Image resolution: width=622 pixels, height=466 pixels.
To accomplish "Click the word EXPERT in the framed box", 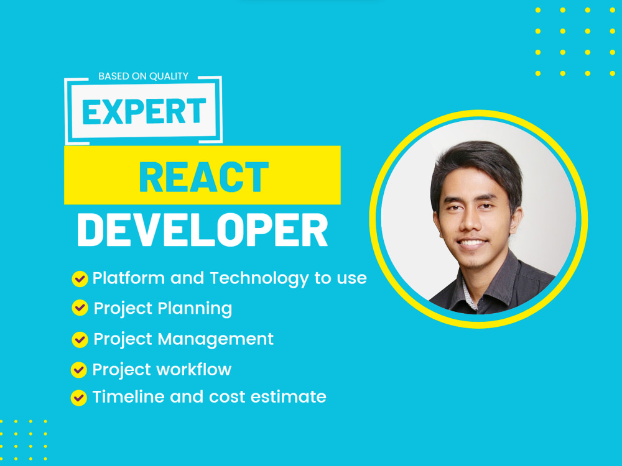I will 144,112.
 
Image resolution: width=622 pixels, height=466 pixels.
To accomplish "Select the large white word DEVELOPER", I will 202,231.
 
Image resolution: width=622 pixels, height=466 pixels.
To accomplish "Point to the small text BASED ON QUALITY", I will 143,76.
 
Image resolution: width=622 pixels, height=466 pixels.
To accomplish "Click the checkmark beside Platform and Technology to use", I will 80,279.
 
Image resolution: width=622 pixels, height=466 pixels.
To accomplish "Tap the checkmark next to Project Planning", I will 80,308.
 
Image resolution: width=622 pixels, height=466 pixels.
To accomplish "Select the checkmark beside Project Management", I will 80,339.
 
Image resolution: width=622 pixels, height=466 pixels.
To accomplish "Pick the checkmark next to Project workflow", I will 78,370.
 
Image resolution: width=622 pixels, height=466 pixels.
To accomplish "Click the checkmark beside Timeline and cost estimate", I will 78,397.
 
